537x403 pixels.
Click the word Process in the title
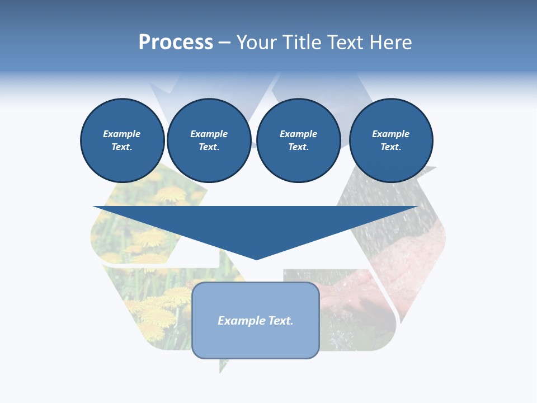[x=176, y=43]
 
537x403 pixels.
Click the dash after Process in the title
[x=224, y=44]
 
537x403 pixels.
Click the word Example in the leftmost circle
[x=122, y=134]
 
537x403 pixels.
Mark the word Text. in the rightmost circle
[x=391, y=147]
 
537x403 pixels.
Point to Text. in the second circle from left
[x=209, y=147]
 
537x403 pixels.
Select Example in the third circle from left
[x=298, y=134]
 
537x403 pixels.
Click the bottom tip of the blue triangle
[x=257, y=259]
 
